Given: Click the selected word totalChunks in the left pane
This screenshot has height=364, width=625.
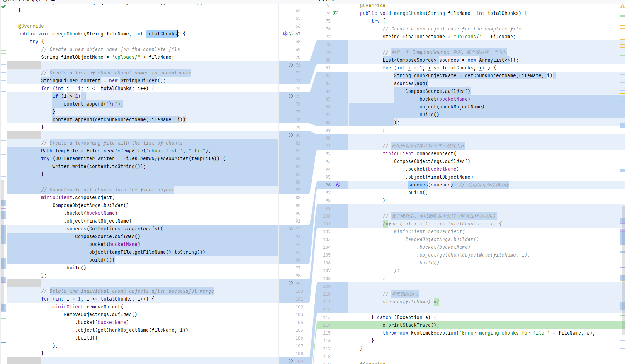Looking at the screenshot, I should [x=161, y=34].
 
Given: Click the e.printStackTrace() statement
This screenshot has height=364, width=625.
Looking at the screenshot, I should [x=411, y=325].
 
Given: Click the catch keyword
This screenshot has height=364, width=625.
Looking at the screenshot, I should [x=384, y=318].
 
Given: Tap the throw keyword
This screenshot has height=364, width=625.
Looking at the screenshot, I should [x=389, y=333].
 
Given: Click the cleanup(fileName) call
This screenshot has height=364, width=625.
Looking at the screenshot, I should [x=407, y=302].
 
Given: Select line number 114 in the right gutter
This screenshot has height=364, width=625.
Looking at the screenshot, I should [x=327, y=325].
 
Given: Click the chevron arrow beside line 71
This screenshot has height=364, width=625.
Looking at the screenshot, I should [x=291, y=65].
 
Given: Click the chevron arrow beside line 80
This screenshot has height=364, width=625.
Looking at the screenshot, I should [x=291, y=135].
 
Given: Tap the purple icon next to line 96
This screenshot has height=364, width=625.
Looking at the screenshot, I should [x=338, y=185].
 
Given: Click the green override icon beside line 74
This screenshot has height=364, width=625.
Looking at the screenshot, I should [x=335, y=13].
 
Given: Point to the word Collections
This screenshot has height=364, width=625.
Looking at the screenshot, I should [x=105, y=229].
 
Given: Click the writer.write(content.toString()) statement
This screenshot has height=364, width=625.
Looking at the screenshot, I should [x=99, y=167].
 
